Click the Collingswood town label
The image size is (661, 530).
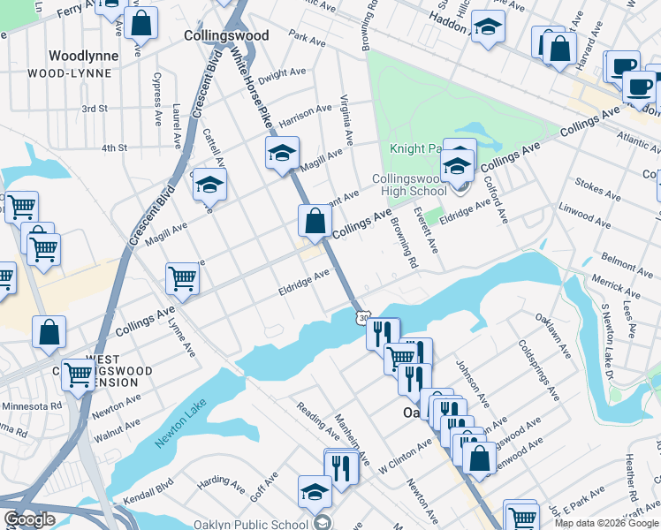point(226,35)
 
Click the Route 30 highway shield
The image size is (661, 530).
point(361,316)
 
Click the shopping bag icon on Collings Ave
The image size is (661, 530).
point(315,222)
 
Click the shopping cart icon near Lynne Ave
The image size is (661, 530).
point(182,278)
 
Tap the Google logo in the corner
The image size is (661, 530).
point(30,519)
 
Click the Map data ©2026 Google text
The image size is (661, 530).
point(606,523)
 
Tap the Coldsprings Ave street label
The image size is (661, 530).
point(539,368)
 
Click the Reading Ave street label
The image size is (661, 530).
point(319,420)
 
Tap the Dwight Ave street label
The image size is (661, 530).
point(282,73)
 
